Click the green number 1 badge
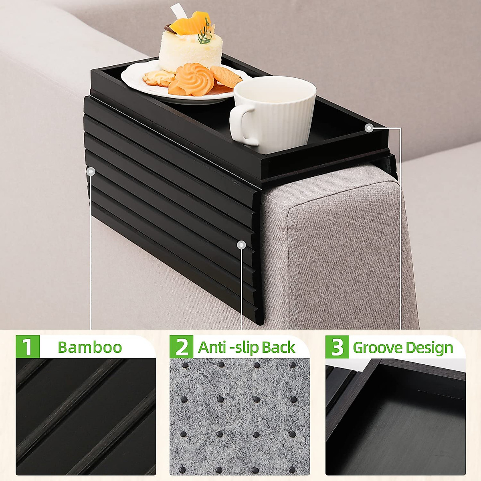click(x=27, y=347)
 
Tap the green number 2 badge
click(x=181, y=347)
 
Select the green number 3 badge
click(x=337, y=347)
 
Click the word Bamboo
click(x=89, y=347)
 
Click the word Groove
click(x=376, y=348)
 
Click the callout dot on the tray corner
click(x=369, y=128)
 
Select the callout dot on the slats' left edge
click(x=91, y=172)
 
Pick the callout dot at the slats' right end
click(x=241, y=245)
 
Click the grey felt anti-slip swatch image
click(x=239, y=417)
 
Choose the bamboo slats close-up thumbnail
click(x=86, y=417)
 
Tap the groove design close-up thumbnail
click(x=395, y=417)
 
